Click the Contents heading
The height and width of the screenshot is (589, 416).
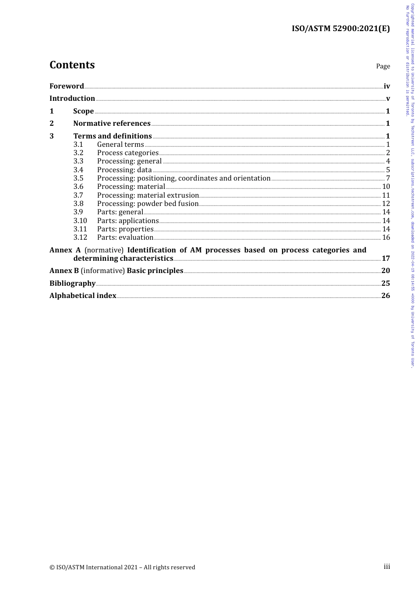72,65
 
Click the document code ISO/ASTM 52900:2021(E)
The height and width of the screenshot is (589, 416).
340,29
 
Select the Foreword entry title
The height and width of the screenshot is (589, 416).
67,86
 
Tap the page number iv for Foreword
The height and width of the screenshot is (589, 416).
387,86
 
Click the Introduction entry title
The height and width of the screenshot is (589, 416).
72,99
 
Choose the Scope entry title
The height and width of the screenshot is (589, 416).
83,111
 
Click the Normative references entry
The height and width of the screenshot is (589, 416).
112,124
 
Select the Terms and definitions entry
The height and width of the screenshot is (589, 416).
113,136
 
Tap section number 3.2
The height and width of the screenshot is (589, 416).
78,153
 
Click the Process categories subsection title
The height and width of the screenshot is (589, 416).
128,153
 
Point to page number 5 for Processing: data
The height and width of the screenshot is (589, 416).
388,170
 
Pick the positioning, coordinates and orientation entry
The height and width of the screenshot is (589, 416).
183,178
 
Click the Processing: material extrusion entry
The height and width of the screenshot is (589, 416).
148,195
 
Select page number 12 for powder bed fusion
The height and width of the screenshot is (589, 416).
386,204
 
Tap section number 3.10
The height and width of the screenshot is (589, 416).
80,221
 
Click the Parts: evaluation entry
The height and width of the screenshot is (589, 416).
125,238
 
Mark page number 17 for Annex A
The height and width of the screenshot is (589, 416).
385,259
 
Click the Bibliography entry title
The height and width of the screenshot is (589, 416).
72,284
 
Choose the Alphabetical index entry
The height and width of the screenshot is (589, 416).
83,296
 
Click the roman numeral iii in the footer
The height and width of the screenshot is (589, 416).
387,567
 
